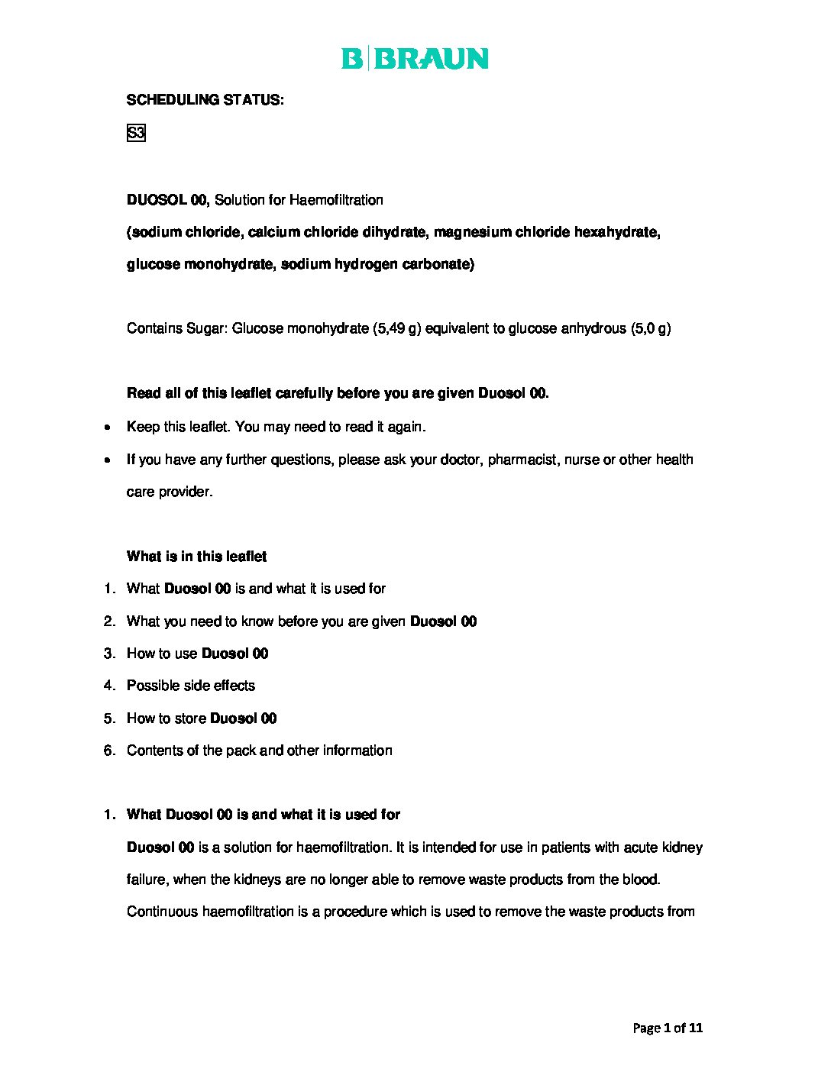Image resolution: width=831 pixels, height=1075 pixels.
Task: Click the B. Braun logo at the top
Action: pyautogui.click(x=415, y=59)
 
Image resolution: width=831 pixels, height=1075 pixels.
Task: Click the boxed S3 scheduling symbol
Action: pyautogui.click(x=135, y=134)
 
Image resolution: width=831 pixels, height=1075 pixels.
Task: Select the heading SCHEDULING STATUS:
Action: pyautogui.click(x=205, y=100)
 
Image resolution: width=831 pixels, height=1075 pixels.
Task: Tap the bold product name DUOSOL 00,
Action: pyautogui.click(x=168, y=200)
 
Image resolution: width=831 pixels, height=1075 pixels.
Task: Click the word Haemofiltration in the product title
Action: pyautogui.click(x=336, y=200)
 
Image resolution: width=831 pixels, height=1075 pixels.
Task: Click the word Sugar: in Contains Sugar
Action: pyautogui.click(x=207, y=329)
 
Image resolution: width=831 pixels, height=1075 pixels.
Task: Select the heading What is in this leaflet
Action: pyautogui.click(x=196, y=557)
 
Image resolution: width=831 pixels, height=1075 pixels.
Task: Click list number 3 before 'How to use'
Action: pyautogui.click(x=109, y=654)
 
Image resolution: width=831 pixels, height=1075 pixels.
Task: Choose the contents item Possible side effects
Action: pyautogui.click(x=191, y=686)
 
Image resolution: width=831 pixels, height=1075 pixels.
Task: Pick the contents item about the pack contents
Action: pyautogui.click(x=260, y=751)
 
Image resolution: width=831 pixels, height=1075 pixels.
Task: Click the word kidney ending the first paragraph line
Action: pyautogui.click(x=682, y=847)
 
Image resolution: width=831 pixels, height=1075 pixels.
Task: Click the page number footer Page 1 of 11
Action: pyautogui.click(x=668, y=1028)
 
